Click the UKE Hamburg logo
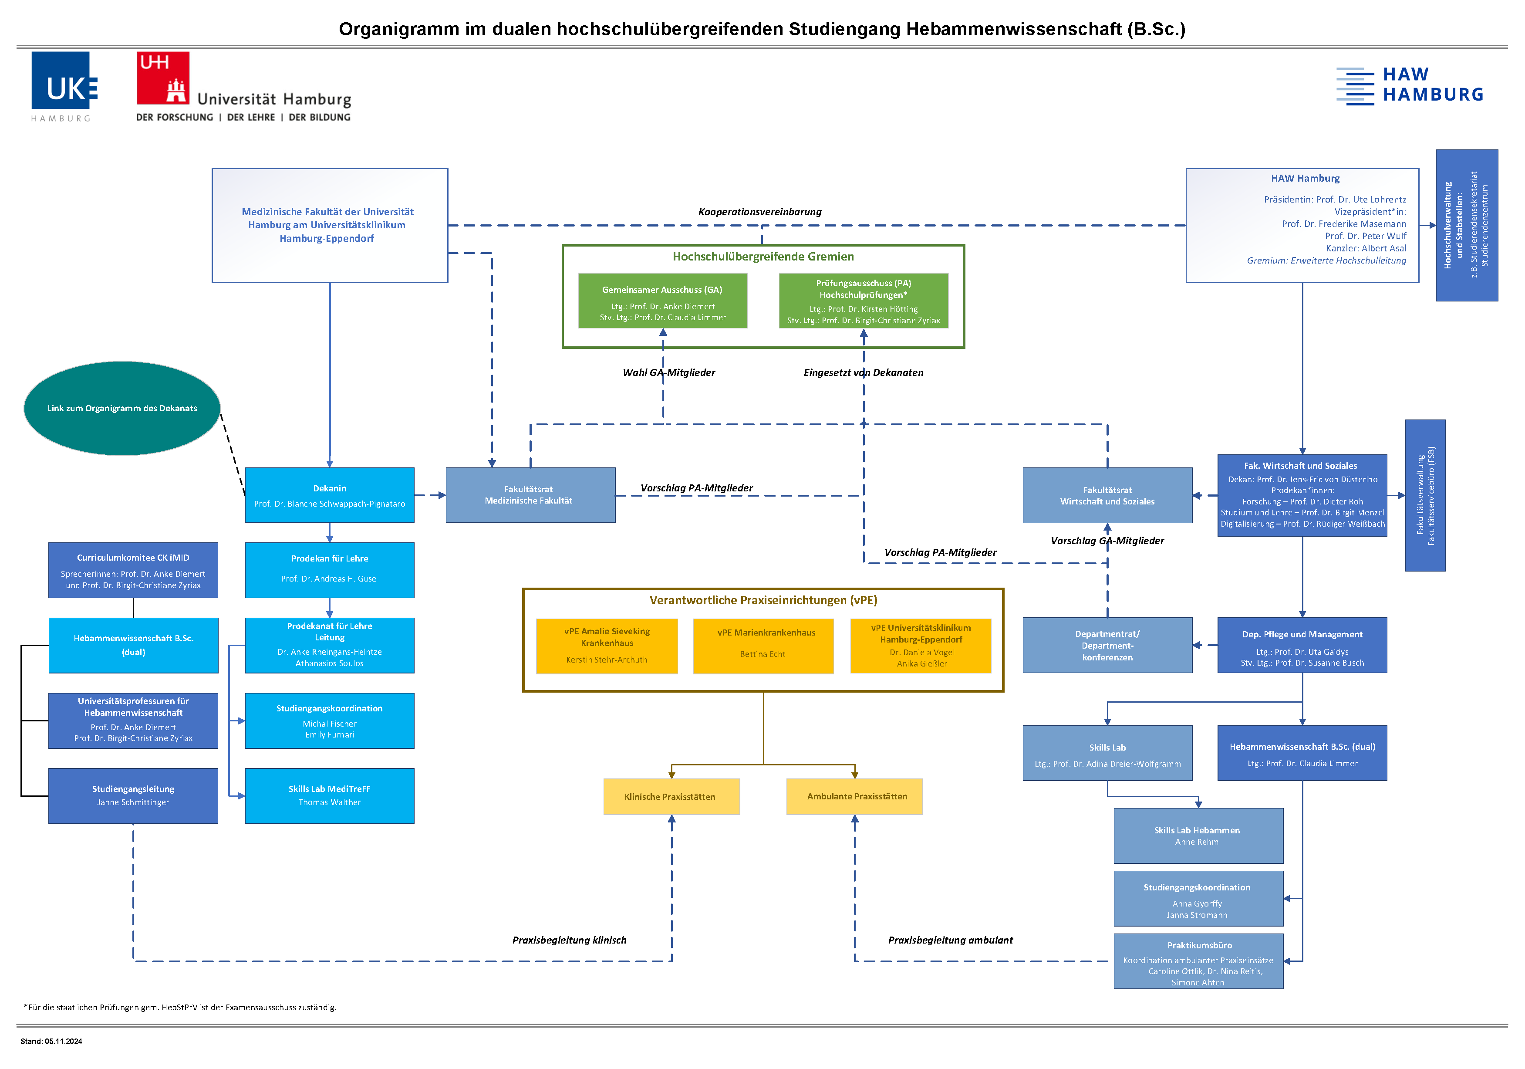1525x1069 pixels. click(x=64, y=86)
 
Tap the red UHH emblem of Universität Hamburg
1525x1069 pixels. click(x=163, y=78)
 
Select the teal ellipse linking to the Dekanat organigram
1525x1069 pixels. click(x=122, y=408)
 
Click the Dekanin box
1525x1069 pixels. click(x=330, y=495)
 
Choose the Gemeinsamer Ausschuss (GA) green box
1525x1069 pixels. click(x=663, y=300)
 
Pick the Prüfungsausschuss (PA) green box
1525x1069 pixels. click(x=864, y=300)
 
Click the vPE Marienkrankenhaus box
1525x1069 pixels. click(x=763, y=646)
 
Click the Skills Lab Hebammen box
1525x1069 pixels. click(x=1198, y=836)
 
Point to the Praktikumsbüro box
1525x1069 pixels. click(x=1198, y=961)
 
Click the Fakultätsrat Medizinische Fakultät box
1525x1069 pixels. click(x=530, y=495)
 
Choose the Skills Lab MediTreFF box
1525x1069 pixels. click(x=330, y=796)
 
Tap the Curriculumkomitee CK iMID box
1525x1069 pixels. click(x=133, y=570)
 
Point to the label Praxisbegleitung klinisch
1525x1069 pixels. click(x=569, y=940)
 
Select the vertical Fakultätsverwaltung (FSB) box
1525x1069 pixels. click(x=1425, y=495)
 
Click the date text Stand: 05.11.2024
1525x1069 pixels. click(x=51, y=1041)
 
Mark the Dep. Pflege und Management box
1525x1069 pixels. click(x=1302, y=645)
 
